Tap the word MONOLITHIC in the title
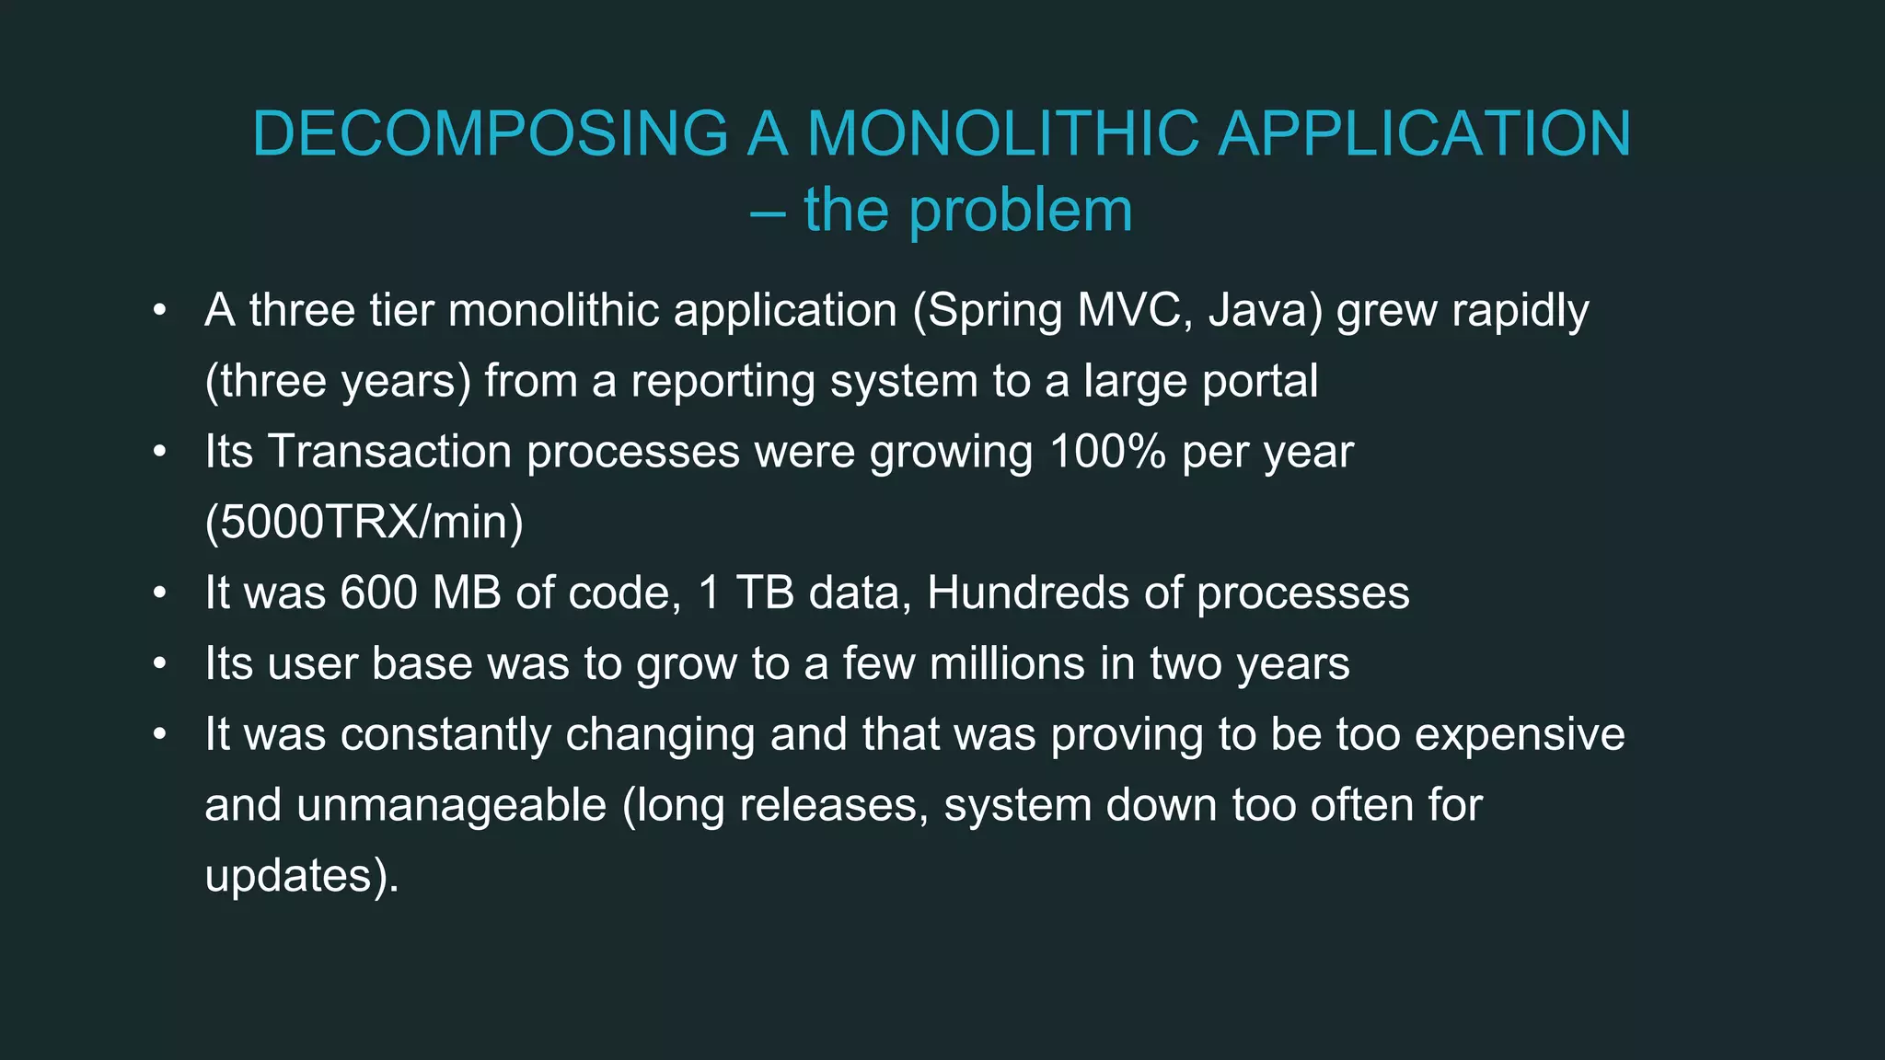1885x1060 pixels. click(1003, 133)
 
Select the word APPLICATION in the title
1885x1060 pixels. click(1425, 133)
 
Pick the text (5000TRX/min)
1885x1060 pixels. click(364, 523)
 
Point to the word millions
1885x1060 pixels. click(1007, 663)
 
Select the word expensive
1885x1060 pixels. click(1520, 734)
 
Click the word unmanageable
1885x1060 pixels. click(451, 805)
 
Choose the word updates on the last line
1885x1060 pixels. click(289, 876)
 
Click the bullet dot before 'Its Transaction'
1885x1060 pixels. click(160, 453)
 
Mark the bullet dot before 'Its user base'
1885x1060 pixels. click(160, 664)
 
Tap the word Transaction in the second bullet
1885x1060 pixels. click(389, 452)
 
